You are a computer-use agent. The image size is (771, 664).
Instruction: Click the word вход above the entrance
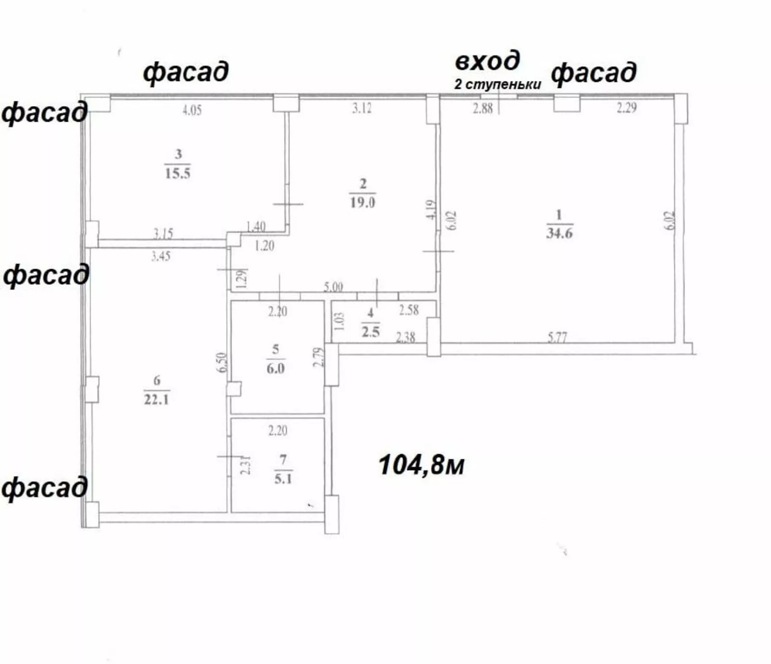[488, 61]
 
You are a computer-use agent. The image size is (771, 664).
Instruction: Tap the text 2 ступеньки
[498, 84]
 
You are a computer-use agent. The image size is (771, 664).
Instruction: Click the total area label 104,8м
[422, 465]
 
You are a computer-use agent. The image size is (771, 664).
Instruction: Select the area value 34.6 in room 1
[559, 233]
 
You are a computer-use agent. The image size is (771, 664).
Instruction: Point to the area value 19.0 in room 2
[362, 202]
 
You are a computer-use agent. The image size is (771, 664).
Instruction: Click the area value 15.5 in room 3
[178, 173]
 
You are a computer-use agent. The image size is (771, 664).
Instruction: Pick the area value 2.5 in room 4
[371, 332]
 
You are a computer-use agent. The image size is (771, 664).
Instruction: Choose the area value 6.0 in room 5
[275, 369]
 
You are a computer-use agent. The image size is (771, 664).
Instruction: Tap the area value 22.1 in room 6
[157, 399]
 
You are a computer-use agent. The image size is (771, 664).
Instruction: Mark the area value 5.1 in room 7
[283, 479]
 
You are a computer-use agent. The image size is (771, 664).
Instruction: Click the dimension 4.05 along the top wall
[192, 110]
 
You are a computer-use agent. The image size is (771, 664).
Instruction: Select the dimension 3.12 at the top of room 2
[361, 108]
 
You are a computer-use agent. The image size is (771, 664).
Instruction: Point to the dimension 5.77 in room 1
[557, 337]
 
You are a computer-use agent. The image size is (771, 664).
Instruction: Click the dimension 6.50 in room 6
[221, 362]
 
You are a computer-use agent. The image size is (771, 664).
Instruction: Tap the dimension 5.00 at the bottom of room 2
[333, 287]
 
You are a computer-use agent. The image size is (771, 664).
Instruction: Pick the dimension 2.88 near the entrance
[482, 108]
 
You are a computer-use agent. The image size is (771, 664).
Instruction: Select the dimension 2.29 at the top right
[626, 108]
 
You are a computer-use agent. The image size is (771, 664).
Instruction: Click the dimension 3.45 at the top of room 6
[160, 256]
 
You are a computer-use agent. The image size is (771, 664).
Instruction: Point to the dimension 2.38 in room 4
[405, 337]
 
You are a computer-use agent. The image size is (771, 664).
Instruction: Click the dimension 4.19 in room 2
[431, 210]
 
